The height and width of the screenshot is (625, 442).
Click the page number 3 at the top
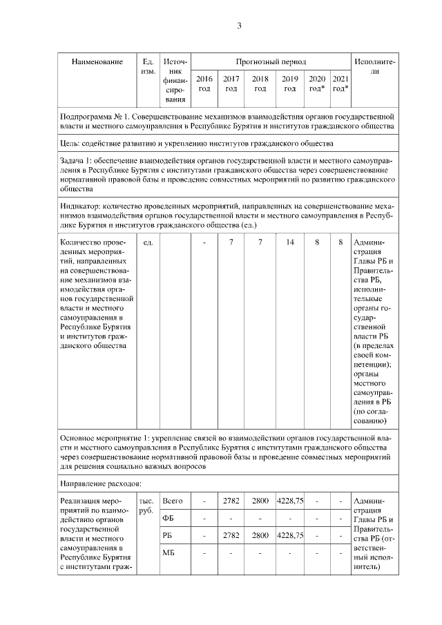tap(239, 26)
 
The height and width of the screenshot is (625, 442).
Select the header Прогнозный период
tap(271, 62)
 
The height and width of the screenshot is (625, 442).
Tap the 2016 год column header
tap(204, 84)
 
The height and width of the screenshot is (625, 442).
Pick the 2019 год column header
tap(290, 84)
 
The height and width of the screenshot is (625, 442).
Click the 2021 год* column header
tap(340, 84)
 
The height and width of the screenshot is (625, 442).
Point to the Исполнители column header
tap(374, 67)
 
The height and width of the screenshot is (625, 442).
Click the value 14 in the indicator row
tap(290, 243)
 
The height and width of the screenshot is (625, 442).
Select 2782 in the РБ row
tap(231, 535)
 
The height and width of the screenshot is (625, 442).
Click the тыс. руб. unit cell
tap(147, 506)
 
